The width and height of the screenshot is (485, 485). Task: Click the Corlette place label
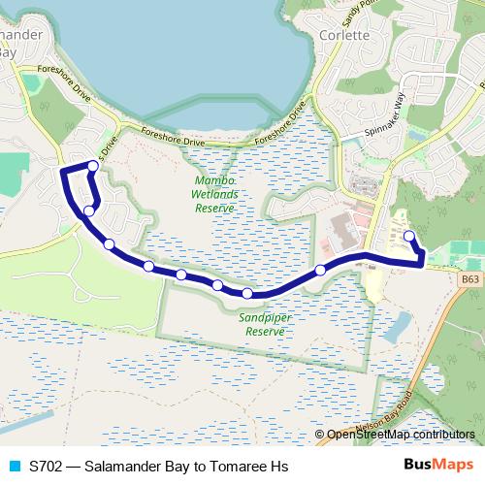click(x=344, y=35)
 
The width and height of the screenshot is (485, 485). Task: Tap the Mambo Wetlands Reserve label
click(x=215, y=194)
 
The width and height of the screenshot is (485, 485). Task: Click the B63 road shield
click(x=470, y=278)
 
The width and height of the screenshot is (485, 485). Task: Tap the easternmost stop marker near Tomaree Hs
click(x=408, y=236)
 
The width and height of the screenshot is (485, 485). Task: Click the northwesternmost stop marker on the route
click(x=93, y=166)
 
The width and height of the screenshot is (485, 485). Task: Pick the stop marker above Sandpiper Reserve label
click(x=247, y=293)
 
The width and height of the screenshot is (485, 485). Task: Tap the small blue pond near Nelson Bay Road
click(x=397, y=329)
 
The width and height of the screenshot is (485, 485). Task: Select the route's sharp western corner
click(x=63, y=172)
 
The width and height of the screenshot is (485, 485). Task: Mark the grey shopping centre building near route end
click(x=342, y=233)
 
